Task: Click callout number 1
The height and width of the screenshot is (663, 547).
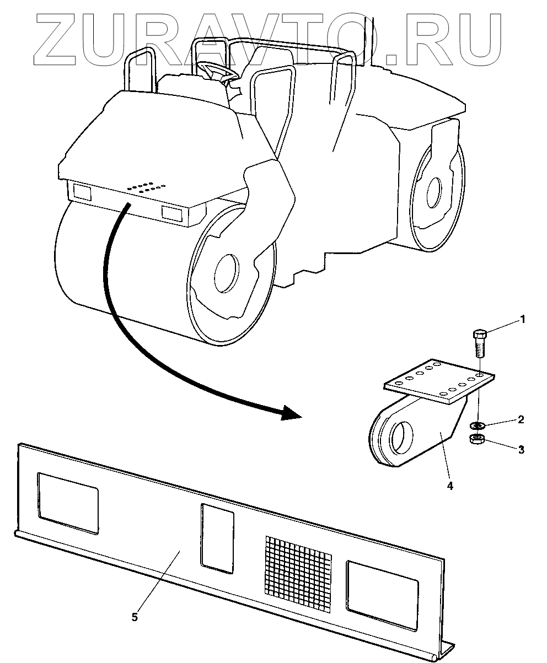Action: pyautogui.click(x=523, y=319)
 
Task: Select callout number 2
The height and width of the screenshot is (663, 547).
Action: pyautogui.click(x=520, y=419)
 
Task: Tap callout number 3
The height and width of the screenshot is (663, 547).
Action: pyautogui.click(x=521, y=449)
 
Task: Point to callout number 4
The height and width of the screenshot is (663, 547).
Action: pyautogui.click(x=449, y=486)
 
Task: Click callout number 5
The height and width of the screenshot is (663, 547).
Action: pyautogui.click(x=135, y=616)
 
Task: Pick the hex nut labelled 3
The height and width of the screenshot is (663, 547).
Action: pyautogui.click(x=477, y=439)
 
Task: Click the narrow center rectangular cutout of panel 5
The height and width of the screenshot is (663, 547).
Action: pyautogui.click(x=217, y=538)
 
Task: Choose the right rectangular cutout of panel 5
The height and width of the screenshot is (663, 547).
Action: pyautogui.click(x=382, y=594)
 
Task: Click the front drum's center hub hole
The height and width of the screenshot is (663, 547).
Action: pyautogui.click(x=227, y=272)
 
